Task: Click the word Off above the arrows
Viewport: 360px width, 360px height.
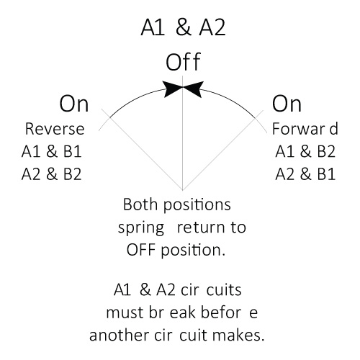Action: (183, 62)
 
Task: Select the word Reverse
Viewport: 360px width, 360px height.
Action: (55, 129)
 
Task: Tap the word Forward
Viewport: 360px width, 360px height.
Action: (305, 129)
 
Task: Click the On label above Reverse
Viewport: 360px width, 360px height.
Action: (74, 104)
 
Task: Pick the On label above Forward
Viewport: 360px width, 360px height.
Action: (287, 104)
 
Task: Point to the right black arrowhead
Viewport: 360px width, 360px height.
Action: (193, 89)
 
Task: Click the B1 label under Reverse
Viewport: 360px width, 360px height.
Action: (73, 152)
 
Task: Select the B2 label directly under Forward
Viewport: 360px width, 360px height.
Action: (326, 152)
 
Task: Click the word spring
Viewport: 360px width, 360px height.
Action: (141, 228)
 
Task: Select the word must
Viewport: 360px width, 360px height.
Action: (125, 313)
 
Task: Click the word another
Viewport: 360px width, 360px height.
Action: (119, 335)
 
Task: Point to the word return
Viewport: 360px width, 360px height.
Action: (202, 228)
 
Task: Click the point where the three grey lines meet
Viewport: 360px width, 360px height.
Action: (183, 190)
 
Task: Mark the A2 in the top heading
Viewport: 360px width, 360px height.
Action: (212, 27)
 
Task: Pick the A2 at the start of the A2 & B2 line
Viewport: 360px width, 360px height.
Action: (31, 174)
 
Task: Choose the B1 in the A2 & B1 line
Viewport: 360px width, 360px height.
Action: (326, 174)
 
